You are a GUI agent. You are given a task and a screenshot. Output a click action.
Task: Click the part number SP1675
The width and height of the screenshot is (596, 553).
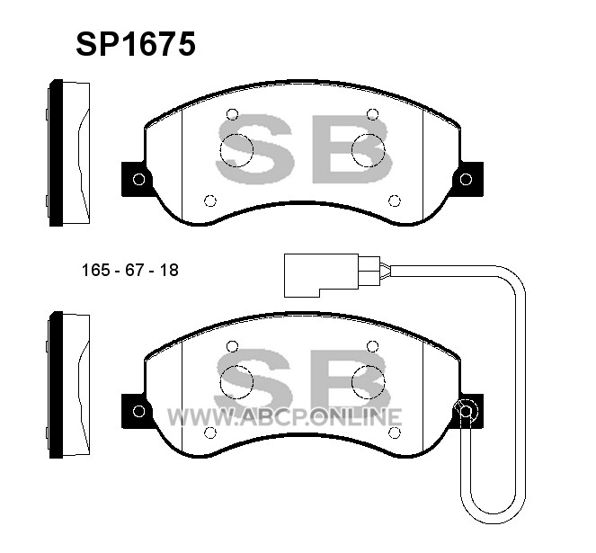136,44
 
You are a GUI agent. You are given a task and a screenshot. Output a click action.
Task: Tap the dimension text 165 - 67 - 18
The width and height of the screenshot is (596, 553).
130,270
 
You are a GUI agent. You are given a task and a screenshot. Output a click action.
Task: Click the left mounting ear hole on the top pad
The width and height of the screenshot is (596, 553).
138,179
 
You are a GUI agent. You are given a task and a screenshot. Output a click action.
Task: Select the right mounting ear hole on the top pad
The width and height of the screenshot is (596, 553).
466,179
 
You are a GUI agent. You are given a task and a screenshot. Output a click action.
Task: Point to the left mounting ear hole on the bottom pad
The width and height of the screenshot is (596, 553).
138,411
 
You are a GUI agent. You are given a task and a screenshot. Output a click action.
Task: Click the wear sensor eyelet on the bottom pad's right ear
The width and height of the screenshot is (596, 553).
466,411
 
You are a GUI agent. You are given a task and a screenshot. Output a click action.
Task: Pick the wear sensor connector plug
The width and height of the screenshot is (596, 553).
332,275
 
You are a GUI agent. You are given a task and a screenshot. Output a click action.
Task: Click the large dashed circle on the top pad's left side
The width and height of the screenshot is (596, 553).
236,150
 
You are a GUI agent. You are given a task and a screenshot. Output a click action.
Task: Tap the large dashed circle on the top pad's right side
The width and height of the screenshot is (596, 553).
368,150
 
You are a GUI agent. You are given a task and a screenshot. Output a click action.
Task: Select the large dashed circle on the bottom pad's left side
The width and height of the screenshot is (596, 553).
236,382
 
